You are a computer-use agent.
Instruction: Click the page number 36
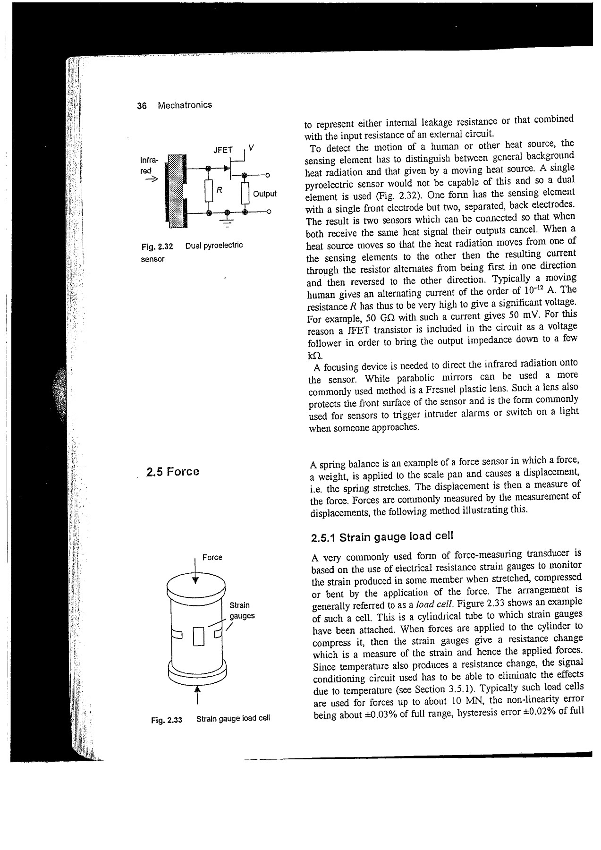pyautogui.click(x=141, y=105)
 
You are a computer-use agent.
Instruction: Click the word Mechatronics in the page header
pyautogui.click(x=185, y=105)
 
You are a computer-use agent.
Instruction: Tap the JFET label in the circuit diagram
pyautogui.click(x=223, y=150)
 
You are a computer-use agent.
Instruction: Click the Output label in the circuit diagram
pyautogui.click(x=264, y=194)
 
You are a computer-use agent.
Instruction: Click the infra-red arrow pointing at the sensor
pyautogui.click(x=151, y=180)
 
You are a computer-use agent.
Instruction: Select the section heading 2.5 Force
pyautogui.click(x=173, y=472)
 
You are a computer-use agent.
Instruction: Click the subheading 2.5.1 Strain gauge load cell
pyautogui.click(x=382, y=537)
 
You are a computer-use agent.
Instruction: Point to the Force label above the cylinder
pyautogui.click(x=212, y=557)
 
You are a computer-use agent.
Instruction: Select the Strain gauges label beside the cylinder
pyautogui.click(x=241, y=611)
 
